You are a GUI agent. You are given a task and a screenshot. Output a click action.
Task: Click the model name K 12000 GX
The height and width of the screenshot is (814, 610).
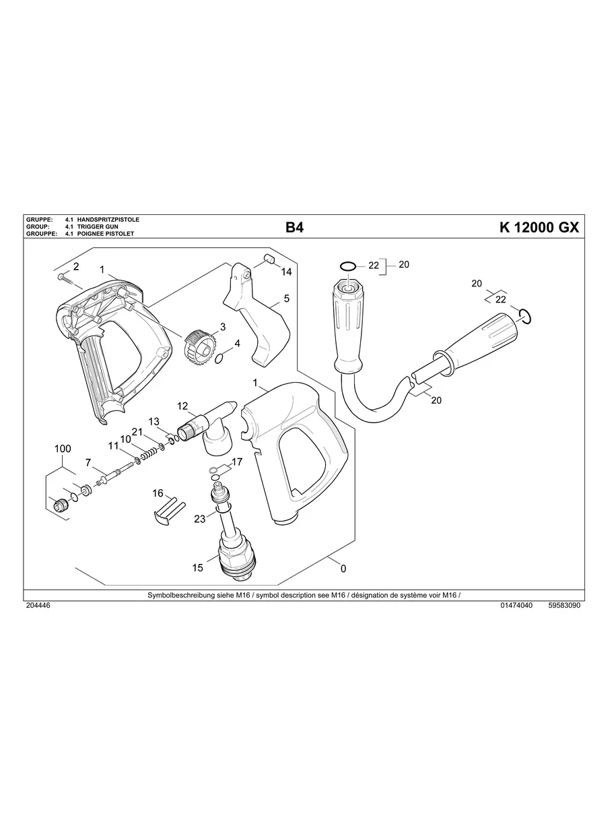coord(539,228)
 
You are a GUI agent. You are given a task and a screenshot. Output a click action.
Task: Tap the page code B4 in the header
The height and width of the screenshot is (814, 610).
coord(294,228)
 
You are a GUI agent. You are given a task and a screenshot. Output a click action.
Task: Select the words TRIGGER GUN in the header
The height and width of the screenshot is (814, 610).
coord(98,227)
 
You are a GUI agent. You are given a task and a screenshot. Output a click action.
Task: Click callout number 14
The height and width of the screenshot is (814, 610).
coord(286,272)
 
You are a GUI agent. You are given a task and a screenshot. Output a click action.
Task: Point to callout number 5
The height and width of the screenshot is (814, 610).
coord(286,298)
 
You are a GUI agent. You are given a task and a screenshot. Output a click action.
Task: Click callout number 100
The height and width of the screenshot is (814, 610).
coord(62,449)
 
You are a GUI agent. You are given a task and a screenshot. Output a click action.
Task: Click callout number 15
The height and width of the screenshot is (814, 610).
coord(197,568)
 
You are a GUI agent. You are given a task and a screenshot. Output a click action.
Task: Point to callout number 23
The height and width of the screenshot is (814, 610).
coord(199,519)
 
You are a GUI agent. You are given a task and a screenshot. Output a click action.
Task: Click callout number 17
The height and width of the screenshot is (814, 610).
coord(236,462)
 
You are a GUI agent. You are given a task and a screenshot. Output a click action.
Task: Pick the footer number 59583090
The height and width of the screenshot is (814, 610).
coord(564,606)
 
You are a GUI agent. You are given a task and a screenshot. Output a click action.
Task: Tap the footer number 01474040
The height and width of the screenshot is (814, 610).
coord(516,606)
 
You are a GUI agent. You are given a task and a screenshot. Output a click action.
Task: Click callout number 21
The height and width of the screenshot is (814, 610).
coord(137,431)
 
